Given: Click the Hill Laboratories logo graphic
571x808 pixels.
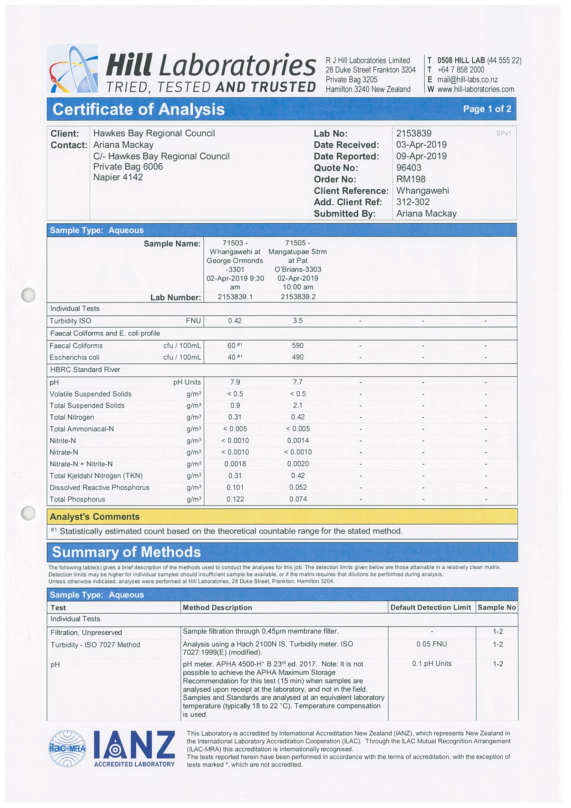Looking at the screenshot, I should coord(73,69).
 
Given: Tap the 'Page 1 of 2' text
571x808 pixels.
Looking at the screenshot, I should coord(487,109).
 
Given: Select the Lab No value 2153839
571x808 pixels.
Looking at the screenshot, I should coord(414,133).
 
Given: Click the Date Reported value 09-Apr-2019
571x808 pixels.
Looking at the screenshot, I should coord(422,156).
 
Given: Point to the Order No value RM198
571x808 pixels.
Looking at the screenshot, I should coord(411,179).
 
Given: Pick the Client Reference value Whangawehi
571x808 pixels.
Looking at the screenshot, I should coord(423,191).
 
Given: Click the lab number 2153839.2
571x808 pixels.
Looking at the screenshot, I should coord(298,297).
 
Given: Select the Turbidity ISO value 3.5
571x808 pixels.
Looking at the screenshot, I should coord(298,320).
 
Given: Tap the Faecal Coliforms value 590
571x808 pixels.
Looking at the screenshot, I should coord(298,346).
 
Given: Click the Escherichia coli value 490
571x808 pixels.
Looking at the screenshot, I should coord(298,357).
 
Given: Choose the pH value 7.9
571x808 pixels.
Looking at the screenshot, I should coord(235,382).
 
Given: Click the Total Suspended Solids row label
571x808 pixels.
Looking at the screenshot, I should coord(87,405).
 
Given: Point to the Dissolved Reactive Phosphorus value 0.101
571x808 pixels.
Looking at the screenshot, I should coord(235,488).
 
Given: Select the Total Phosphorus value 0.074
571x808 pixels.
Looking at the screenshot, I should coord(298,499).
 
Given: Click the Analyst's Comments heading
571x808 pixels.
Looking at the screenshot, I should coord(95,517).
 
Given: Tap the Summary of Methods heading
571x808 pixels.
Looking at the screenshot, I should coord(126,552).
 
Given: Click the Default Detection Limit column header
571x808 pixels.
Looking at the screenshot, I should coord(430,607).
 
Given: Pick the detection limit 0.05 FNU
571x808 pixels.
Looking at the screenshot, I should coord(432,644).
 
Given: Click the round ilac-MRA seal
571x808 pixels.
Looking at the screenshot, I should coord(67,748).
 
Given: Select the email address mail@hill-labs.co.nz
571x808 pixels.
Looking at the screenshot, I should coord(467,79).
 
